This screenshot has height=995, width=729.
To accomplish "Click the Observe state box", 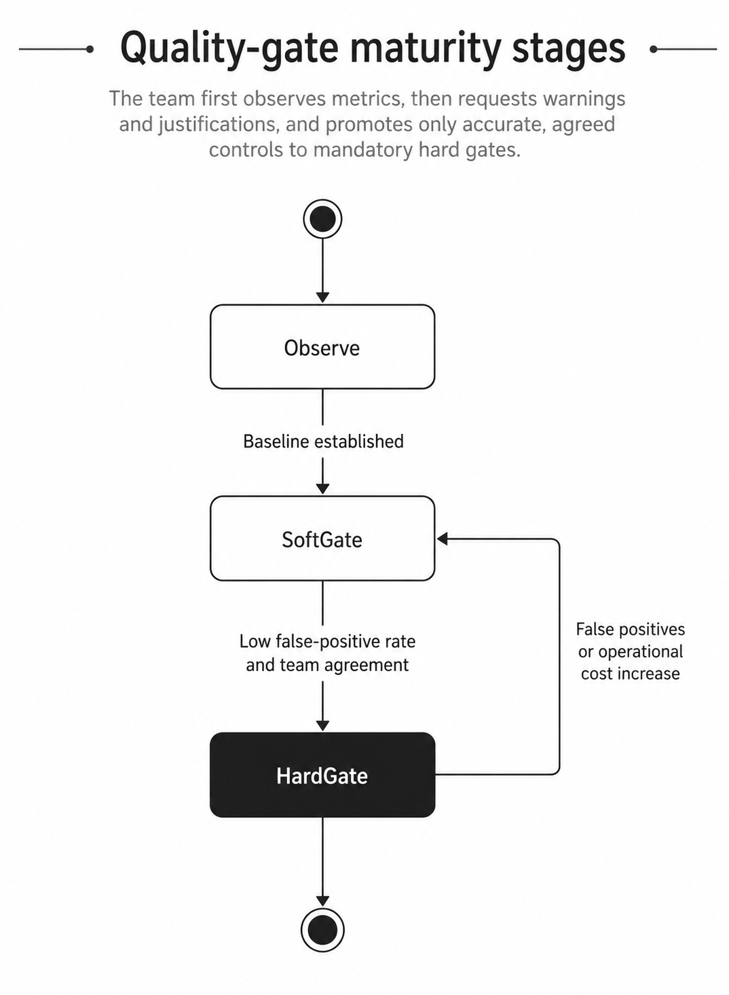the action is pyautogui.click(x=322, y=347).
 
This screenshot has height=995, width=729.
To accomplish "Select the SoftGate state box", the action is pyautogui.click(x=322, y=539).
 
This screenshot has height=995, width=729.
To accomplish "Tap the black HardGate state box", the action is pyautogui.click(x=322, y=775).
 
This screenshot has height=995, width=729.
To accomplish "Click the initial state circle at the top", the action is pyautogui.click(x=323, y=219).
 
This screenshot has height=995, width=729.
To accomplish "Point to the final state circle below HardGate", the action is pyautogui.click(x=323, y=930).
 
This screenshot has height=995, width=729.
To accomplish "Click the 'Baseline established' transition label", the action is pyautogui.click(x=323, y=441).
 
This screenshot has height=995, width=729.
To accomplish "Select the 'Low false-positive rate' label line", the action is pyautogui.click(x=327, y=641).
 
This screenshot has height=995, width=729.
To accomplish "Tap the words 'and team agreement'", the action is pyautogui.click(x=327, y=665).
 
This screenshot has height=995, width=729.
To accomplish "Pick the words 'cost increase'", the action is pyautogui.click(x=631, y=673).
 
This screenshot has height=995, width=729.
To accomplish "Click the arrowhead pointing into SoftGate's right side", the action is pyautogui.click(x=442, y=539).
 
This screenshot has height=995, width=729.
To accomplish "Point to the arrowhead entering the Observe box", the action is pyautogui.click(x=323, y=297).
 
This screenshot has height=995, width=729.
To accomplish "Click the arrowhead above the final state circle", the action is pyautogui.click(x=323, y=901).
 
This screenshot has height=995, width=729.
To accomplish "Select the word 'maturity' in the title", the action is pyautogui.click(x=426, y=48).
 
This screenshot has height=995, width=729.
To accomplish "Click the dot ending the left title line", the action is pyautogui.click(x=90, y=49).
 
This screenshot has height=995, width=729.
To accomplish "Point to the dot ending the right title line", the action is pyautogui.click(x=654, y=49).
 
